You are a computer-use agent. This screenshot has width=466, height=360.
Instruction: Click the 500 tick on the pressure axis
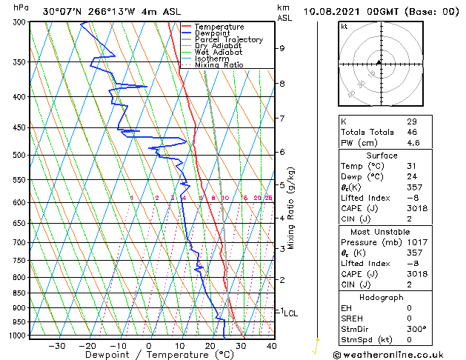pyautogui.click(x=17, y=155)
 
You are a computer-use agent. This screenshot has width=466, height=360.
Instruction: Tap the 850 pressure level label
pyautogui.click(x=17, y=293)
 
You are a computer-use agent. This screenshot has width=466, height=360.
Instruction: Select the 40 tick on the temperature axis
pyautogui.click(x=271, y=346)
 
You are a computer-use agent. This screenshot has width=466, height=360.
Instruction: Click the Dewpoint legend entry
pyautogui.click(x=212, y=33)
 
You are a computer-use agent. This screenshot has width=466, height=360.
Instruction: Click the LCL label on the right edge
pyautogui.click(x=290, y=313)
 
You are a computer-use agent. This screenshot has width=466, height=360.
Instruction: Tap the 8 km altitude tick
pyautogui.click(x=282, y=84)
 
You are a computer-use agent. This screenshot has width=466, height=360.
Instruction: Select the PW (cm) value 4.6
pyautogui.click(x=412, y=143)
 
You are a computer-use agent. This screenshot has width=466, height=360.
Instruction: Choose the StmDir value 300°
pyautogui.click(x=416, y=330)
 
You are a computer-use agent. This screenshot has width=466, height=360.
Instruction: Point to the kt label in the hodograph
pyautogui.click(x=344, y=26)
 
